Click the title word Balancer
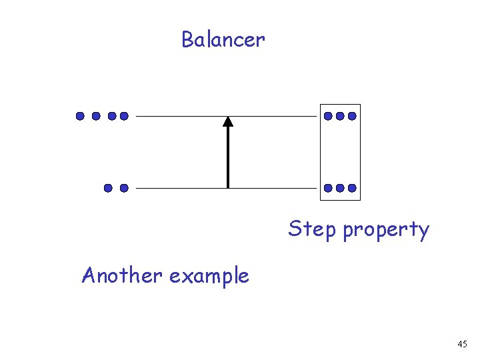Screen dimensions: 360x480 (223, 40)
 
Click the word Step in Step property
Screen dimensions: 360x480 (313, 229)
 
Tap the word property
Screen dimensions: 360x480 (386, 231)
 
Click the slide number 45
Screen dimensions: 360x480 (462, 344)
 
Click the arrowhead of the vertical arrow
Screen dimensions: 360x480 (228, 121)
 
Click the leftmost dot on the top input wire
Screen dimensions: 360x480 (80, 116)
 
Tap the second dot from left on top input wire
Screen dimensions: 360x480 (96, 116)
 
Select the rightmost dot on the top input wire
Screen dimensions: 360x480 (123, 116)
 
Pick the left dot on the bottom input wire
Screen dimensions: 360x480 (107, 188)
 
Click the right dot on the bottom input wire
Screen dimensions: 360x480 (123, 188)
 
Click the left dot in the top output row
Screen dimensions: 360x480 (328, 116)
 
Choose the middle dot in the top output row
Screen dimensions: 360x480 (340, 116)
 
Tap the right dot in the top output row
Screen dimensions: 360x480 (352, 116)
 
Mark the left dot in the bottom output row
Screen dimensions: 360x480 (328, 188)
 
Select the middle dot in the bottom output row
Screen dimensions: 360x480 (340, 188)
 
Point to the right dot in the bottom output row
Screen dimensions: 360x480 (352, 188)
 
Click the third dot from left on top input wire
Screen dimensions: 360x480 (112, 116)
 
